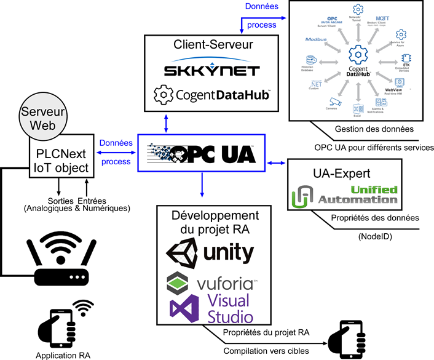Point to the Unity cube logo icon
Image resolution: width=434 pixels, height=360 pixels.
click(x=183, y=253)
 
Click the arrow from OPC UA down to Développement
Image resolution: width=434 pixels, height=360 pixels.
click(x=202, y=187)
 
